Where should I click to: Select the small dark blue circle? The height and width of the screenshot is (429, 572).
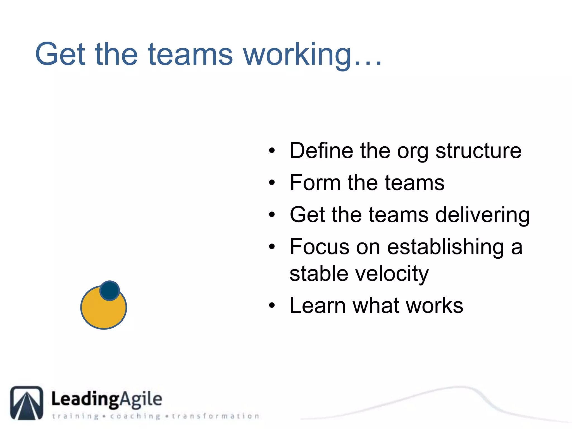click(x=110, y=291)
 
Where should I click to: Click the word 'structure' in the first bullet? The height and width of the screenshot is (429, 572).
click(x=478, y=151)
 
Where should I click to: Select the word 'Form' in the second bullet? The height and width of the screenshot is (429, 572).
click(x=315, y=183)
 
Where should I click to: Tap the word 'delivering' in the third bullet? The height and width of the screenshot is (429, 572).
click(x=482, y=215)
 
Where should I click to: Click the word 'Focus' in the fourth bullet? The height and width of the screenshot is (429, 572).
click(x=319, y=247)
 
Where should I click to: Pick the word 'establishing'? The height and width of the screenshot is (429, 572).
click(x=445, y=247)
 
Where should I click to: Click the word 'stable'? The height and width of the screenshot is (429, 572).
click(x=319, y=274)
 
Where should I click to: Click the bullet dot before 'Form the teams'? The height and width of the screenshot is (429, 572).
click(x=272, y=183)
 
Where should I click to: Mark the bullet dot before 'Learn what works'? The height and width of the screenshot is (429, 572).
click(x=272, y=306)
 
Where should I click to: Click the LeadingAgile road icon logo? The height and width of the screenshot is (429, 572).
click(x=27, y=403)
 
